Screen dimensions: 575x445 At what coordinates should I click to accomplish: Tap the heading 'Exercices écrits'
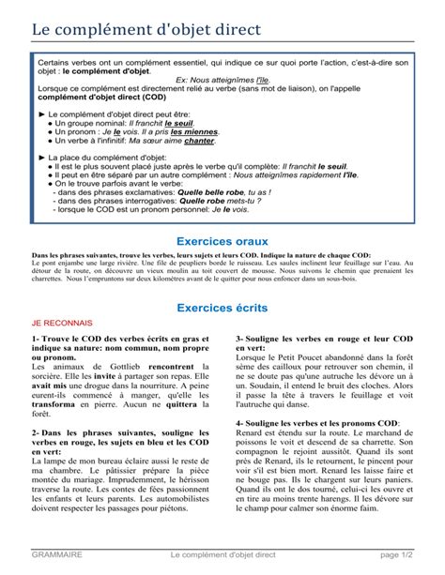[x=222, y=308]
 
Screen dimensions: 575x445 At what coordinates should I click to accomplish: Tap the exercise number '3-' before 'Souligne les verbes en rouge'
[x=240, y=338]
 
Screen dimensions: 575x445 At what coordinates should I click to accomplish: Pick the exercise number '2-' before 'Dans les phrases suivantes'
[x=37, y=432]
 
